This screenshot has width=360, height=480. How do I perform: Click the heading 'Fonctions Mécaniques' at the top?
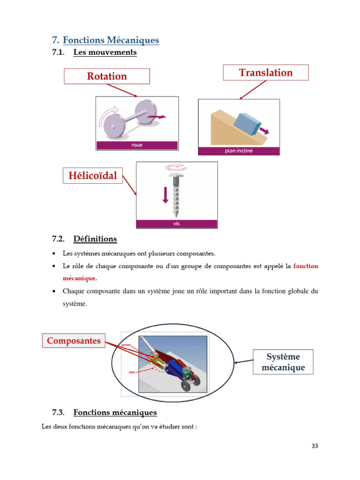111,40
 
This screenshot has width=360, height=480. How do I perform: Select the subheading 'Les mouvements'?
105,52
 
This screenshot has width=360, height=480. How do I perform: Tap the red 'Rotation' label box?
107,76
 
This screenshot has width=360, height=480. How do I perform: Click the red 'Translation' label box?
265,73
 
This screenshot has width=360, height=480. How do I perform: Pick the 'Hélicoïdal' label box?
93,176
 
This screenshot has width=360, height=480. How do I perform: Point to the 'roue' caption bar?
137,145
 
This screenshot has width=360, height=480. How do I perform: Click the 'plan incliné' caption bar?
239,151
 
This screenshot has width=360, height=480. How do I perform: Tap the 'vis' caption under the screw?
177,224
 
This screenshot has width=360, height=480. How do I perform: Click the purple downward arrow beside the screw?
165,195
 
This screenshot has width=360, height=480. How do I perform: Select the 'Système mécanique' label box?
283,362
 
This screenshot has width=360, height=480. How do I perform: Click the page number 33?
315,446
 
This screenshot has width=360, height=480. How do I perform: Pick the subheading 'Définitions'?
95,239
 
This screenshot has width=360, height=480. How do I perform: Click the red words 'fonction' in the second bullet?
306,266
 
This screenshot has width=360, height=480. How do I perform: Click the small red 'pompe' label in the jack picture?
126,345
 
